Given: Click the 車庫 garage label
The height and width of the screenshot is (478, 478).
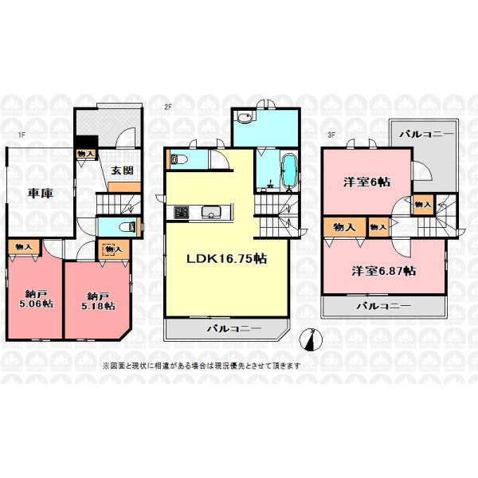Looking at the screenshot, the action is click(41, 193).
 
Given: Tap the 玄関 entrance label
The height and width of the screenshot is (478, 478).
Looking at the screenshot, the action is click(122, 170).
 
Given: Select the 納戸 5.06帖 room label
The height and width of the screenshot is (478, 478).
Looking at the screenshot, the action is click(37, 299).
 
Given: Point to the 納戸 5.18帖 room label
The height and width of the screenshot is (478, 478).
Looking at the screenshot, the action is click(98, 301).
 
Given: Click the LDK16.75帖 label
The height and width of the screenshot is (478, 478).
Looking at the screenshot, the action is click(227, 259).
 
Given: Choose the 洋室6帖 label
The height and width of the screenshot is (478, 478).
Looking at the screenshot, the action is click(366, 182).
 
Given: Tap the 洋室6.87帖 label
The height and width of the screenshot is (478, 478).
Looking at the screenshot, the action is click(384, 271).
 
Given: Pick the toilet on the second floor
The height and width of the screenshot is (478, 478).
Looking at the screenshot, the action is click(178, 159).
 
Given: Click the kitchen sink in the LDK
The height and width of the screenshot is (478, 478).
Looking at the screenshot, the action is click(211, 212).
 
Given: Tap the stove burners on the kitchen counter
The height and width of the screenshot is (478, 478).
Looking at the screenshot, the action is click(182, 213).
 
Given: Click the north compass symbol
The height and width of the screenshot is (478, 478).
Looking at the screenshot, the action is click(311, 340).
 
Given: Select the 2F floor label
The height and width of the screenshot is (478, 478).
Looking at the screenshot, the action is click(168, 107).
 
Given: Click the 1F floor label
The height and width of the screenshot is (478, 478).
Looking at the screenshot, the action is click(21, 135).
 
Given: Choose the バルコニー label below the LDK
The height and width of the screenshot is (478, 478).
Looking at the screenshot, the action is click(234, 328).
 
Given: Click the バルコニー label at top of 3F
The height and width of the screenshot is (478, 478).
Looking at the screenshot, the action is click(426, 134).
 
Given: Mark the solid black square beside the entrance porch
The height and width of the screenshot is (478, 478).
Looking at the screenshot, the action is click(87, 142).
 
